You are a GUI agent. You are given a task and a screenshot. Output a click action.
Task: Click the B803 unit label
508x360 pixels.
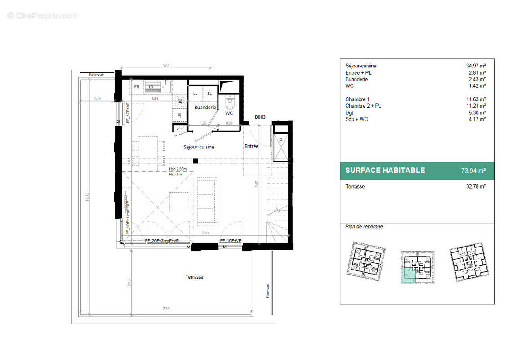(261, 117)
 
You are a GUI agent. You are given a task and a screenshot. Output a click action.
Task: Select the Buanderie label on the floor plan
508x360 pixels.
(205, 108)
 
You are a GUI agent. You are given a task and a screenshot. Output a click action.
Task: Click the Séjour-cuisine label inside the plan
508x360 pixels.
(199, 147)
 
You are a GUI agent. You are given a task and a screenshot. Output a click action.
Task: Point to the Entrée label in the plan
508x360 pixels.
(251, 146)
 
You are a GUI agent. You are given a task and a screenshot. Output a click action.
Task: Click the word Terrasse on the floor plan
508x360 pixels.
(194, 277)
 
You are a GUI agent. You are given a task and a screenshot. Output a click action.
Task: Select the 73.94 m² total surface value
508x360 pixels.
(473, 171)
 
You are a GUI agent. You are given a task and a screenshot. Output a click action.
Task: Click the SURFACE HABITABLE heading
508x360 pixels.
(385, 171)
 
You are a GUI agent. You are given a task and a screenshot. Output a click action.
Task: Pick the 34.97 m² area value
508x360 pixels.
(476, 66)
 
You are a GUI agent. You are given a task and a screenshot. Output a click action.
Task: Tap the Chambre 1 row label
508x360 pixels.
(357, 99)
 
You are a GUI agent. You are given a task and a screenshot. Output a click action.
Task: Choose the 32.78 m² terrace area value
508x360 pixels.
(476, 186)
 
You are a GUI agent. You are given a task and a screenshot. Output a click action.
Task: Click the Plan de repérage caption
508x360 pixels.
(364, 227)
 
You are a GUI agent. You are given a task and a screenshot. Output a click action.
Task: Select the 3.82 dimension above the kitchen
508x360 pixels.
(165, 66)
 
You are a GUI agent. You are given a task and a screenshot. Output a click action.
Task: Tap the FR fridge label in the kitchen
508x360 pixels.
(137, 87)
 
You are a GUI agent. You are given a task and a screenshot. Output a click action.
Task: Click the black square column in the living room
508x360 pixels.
(195, 161)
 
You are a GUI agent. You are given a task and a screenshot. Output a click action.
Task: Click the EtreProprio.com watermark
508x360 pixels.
(43, 16)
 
